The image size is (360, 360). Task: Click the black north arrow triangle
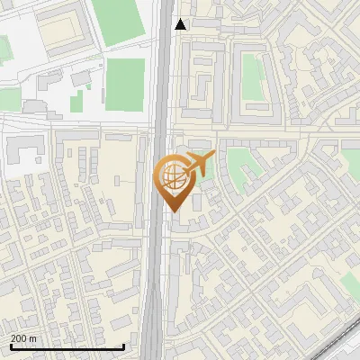tap(181, 24)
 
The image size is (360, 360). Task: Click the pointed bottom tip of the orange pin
tap(174, 211)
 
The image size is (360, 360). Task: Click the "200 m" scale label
tap(24, 338)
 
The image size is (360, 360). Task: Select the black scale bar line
tap(67, 346)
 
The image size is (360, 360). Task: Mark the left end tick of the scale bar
tap(11, 345)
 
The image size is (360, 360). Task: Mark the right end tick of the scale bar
tap(123, 345)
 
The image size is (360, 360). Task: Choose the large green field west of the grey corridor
tap(125, 85)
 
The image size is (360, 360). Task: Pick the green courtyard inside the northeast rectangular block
tap(251, 76)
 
